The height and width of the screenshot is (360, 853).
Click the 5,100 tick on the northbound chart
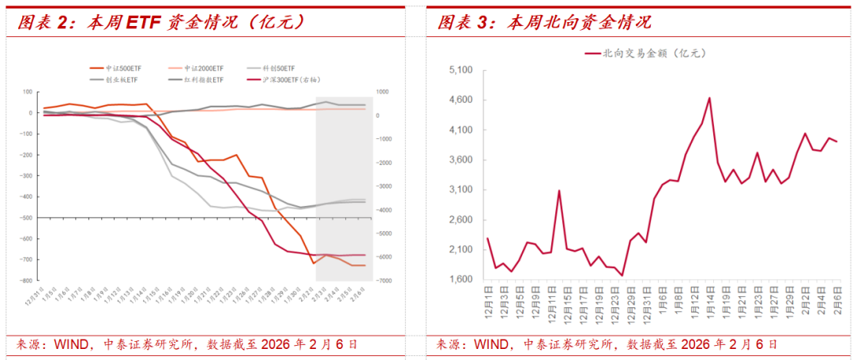(460, 70)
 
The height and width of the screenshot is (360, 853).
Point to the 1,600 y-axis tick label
(460, 279)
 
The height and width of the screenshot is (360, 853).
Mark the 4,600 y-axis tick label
(460, 100)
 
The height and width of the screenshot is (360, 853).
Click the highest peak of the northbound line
(709, 98)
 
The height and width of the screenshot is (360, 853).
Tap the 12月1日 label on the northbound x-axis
(488, 302)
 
